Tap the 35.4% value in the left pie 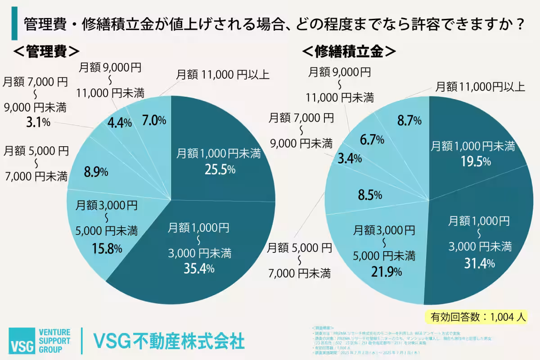pyautogui.click(x=198, y=269)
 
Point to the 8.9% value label pyautogui.click(x=96, y=171)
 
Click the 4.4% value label pyautogui.click(x=119, y=122)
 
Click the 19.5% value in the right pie pyautogui.click(x=473, y=162)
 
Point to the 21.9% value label pyautogui.click(x=384, y=272)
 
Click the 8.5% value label pyautogui.click(x=370, y=195)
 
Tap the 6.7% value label pyautogui.click(x=371, y=139)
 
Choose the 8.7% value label pyautogui.click(x=409, y=120)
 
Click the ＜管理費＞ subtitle pyautogui.click(x=46, y=51)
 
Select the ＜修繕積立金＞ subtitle pyautogui.click(x=349, y=51)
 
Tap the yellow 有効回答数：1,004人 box pyautogui.click(x=477, y=316)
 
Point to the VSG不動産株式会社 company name pyautogui.click(x=168, y=341)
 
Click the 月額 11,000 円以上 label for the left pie pyautogui.click(x=223, y=74)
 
